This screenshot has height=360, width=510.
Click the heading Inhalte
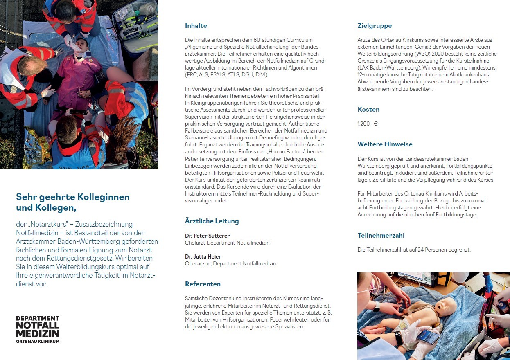(196, 26)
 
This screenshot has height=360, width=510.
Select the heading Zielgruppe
(375, 26)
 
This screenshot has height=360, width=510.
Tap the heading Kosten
(368, 110)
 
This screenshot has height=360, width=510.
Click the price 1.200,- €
(368, 124)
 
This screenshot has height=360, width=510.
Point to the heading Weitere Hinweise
(385, 144)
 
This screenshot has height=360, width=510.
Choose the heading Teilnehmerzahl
(381, 236)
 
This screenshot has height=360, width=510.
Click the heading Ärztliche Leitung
(212, 221)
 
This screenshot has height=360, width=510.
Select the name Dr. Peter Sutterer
(207, 236)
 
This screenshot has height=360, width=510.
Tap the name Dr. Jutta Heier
(203, 256)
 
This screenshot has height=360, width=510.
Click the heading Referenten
(203, 284)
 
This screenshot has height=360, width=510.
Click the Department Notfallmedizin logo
(38, 329)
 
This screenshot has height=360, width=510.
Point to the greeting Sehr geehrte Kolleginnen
(72, 197)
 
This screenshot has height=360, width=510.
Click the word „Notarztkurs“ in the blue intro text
(51, 224)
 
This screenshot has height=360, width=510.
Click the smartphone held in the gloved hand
(428, 336)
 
